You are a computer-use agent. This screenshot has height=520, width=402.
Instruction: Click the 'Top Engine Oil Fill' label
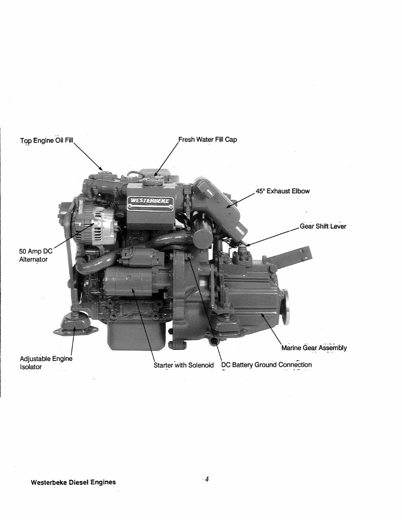47,141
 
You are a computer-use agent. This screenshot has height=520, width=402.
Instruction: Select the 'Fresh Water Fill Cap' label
208,140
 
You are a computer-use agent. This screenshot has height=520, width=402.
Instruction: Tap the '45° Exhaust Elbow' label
282,191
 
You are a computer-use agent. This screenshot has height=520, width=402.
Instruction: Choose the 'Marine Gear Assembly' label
314,348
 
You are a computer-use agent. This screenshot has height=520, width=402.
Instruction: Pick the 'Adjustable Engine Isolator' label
46,363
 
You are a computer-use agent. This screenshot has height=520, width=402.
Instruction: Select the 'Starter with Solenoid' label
184,365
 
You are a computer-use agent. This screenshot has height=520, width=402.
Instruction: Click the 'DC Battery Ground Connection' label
266,365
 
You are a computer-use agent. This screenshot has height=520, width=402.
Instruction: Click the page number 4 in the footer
207,480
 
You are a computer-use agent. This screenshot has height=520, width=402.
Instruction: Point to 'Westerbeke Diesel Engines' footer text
73,482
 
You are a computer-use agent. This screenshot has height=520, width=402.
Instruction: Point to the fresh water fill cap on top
153,180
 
